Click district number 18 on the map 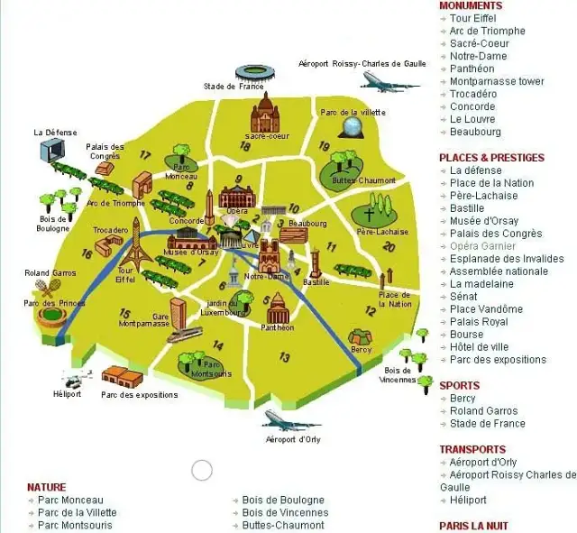click(244, 146)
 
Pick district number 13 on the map click(284, 358)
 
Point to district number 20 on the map click(389, 246)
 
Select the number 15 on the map click(124, 314)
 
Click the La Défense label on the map click(51, 132)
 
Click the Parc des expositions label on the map click(139, 395)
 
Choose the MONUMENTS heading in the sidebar click(471, 5)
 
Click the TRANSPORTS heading click(472, 449)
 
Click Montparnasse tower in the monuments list click(497, 81)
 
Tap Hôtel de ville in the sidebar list click(480, 347)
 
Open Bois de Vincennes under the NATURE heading click(284, 512)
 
